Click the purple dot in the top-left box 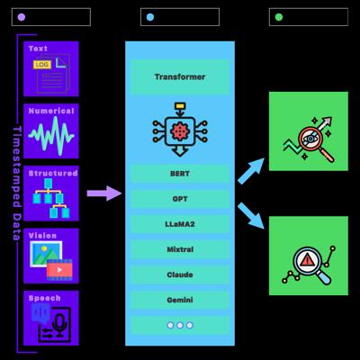pos(22,17)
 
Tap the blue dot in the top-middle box pos(150,17)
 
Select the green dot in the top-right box pos(279,17)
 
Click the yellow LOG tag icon pos(42,65)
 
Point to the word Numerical pos(51,111)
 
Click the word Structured pos(53,173)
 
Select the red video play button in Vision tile pos(59,270)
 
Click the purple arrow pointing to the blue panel pos(104,193)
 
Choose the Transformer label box pos(180,77)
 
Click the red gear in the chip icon pos(180,131)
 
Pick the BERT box pos(180,174)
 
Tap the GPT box pos(180,199)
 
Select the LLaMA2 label pos(180,224)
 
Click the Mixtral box pos(180,249)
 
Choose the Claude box pos(180,274)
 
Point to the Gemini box pos(180,300)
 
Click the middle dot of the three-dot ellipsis pos(180,325)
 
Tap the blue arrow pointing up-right pos(251,171)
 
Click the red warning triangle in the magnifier pos(307,260)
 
